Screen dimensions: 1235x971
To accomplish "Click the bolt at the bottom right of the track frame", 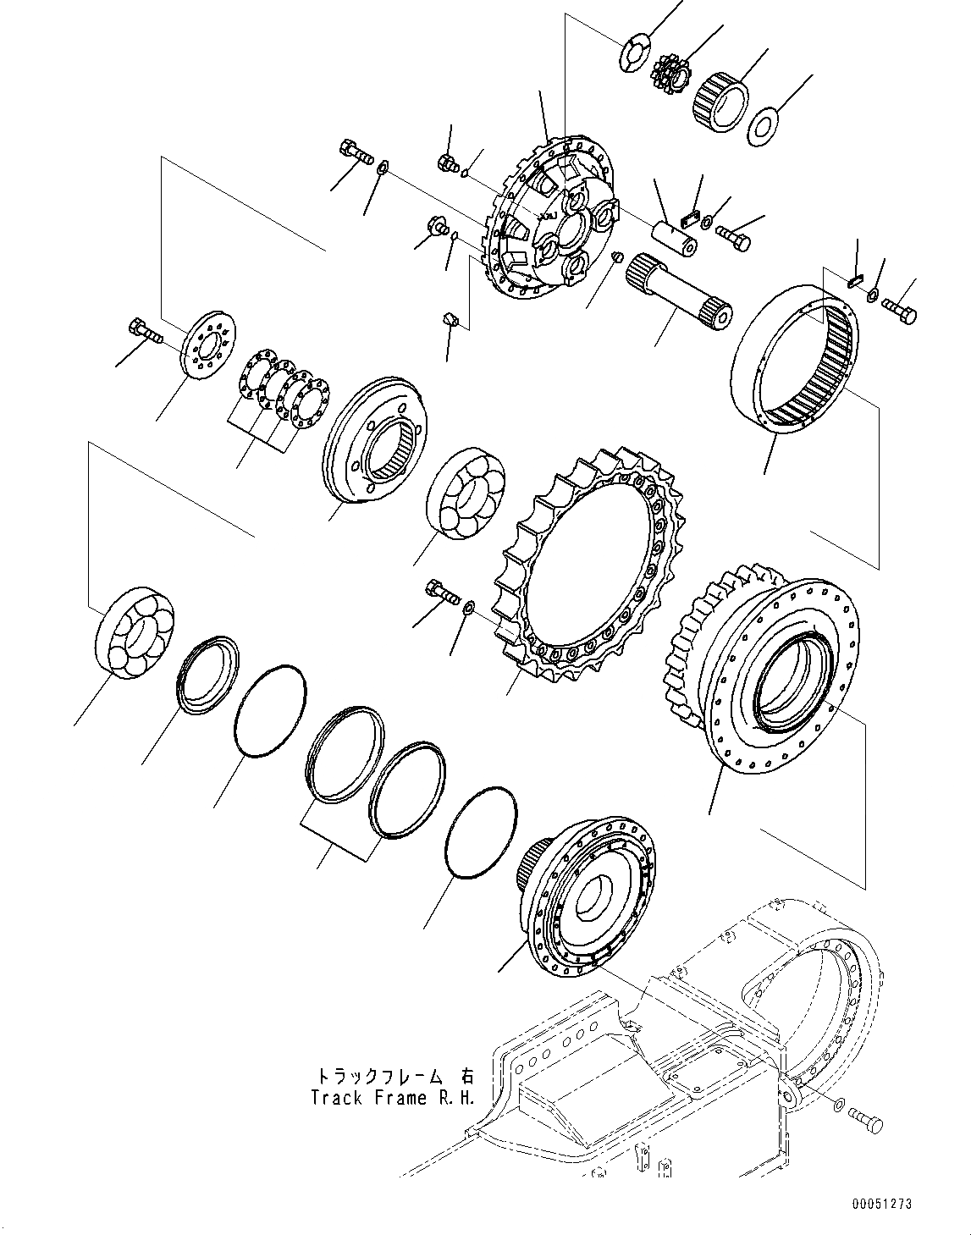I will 869,1122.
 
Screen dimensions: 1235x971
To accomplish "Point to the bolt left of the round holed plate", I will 144,330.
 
